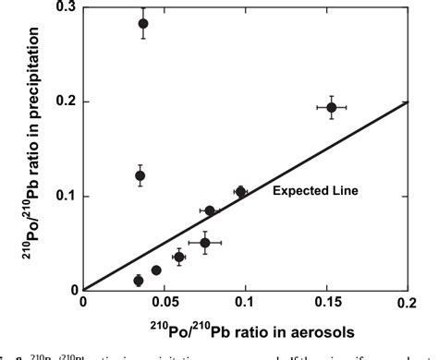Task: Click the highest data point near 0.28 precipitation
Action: [x=143, y=24]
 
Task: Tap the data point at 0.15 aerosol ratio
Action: [x=331, y=108]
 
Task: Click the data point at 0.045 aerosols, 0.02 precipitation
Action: [x=156, y=270]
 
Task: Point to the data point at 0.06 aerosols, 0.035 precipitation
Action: [x=179, y=258]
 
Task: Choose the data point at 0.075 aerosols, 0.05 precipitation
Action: [x=205, y=243]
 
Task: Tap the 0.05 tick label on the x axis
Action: [x=164, y=302]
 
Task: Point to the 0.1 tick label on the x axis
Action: [x=245, y=302]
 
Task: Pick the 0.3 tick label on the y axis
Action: [x=66, y=6]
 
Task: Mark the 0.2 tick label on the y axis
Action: [x=66, y=102]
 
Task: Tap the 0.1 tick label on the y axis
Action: [x=66, y=196]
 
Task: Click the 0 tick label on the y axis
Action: [x=73, y=290]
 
